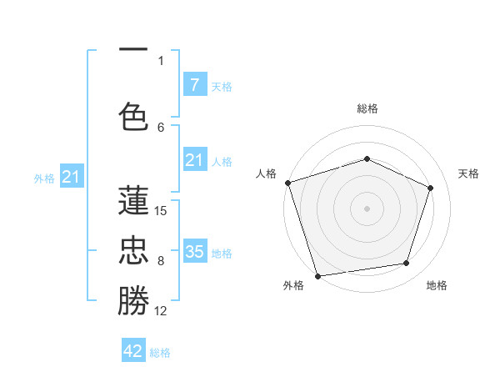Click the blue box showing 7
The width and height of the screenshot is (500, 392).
pos(194,84)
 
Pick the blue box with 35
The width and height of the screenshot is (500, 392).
pos(194,251)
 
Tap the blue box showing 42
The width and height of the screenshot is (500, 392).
pos(133,350)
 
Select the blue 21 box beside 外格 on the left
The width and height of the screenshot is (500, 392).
pos(72,176)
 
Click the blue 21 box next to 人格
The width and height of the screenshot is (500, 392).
pos(194,160)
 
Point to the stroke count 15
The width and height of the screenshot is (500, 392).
pos(161,210)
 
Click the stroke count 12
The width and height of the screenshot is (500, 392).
pos(161,311)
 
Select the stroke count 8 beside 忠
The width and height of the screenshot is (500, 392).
pos(161,261)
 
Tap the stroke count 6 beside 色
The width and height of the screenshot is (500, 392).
pos(161,127)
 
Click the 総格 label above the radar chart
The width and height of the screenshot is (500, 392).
pos(367,108)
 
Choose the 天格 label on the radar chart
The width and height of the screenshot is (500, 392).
pos(469,173)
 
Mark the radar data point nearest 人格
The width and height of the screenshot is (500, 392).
pos(287,183)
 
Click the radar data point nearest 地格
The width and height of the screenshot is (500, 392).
pos(407,264)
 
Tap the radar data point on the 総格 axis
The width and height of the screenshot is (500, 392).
pos(367,158)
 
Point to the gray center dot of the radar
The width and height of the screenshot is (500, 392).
pos(367,209)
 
